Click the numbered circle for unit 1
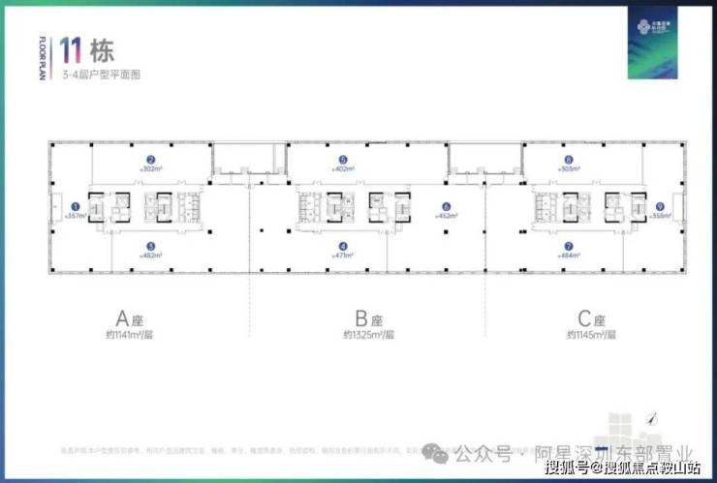(76, 205)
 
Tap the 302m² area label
(150, 169)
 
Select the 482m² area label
(150, 256)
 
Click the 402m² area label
(343, 169)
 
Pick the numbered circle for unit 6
(446, 205)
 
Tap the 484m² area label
(569, 256)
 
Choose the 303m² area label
(569, 169)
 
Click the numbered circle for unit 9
(659, 205)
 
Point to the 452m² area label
(446, 217)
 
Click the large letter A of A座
(123, 318)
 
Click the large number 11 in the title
(70, 50)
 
